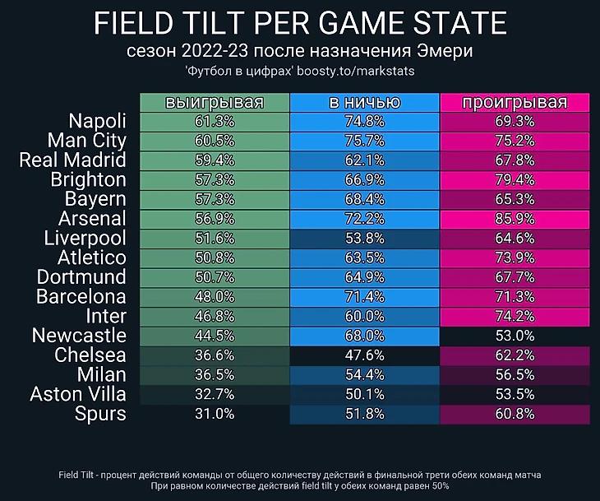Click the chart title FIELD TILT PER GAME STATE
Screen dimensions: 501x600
[x=300, y=24]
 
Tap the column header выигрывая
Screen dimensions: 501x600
[x=215, y=103]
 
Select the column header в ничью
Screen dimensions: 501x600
[x=365, y=103]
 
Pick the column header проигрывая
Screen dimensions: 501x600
[x=515, y=103]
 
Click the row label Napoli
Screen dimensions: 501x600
[x=98, y=121]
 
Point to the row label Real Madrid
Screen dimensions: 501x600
[x=72, y=160]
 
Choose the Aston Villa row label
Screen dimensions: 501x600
[x=78, y=394]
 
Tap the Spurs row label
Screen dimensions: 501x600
[x=100, y=414]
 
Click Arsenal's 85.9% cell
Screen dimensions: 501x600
[x=515, y=219]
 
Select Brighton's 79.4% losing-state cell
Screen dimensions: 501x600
[x=515, y=179]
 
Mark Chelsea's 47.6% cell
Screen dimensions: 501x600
[x=365, y=355]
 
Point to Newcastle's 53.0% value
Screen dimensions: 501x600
[x=515, y=336]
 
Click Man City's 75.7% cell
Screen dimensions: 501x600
[x=365, y=141]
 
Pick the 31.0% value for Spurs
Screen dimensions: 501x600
[x=215, y=414]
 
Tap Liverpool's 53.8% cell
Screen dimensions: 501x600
[x=365, y=239]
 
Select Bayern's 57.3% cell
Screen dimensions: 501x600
[x=215, y=199]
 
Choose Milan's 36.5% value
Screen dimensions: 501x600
[x=215, y=375]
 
